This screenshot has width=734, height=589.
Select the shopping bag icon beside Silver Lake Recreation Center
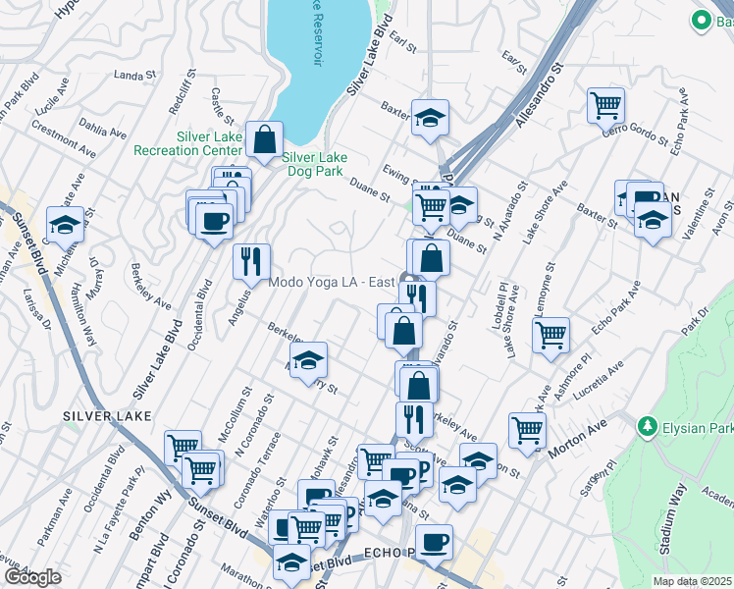click(265, 139)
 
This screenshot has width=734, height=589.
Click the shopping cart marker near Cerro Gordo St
click(606, 105)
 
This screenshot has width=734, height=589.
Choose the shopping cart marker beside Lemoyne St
click(551, 334)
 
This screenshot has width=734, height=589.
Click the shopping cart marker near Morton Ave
click(528, 429)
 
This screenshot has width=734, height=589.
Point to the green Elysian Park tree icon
click(647, 427)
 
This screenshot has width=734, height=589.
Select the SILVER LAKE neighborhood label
click(107, 416)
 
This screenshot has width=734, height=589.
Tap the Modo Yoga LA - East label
click(333, 283)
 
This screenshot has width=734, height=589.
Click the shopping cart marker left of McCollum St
click(183, 447)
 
